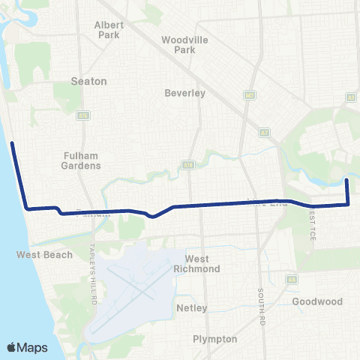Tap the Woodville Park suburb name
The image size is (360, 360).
point(178,44)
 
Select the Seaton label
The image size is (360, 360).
point(88,80)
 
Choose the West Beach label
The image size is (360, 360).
point(45,255)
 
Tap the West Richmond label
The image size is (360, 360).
point(197,264)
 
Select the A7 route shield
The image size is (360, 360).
point(264,132)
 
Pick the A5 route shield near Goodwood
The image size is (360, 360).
point(292,278)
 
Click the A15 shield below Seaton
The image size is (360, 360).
point(82,115)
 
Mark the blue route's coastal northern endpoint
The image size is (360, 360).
point(12,142)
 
